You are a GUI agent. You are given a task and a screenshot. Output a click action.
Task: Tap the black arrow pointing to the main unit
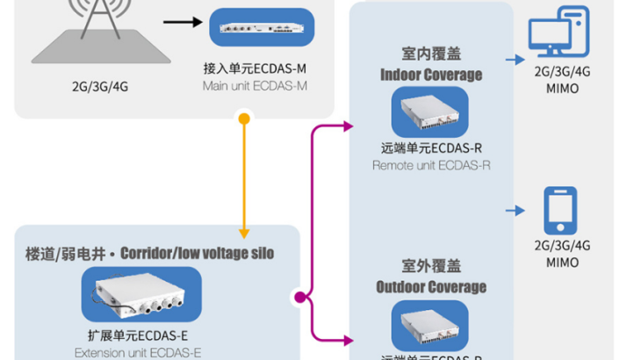(x=183, y=23)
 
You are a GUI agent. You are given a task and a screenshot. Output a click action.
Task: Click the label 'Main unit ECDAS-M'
(x=255, y=85)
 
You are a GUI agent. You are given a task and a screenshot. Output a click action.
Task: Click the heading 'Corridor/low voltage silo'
(x=197, y=254)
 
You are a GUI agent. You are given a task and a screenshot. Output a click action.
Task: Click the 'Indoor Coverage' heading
(x=431, y=75)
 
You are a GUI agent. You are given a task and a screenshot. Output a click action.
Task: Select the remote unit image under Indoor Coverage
(x=430, y=112)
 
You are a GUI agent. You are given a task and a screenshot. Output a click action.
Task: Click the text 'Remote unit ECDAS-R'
(x=431, y=165)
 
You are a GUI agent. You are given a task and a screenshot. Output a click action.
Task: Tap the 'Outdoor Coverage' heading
(x=431, y=287)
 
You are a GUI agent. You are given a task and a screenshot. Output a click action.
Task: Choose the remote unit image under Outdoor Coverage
(x=430, y=325)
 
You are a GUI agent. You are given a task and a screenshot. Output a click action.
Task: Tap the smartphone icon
(x=560, y=210)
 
